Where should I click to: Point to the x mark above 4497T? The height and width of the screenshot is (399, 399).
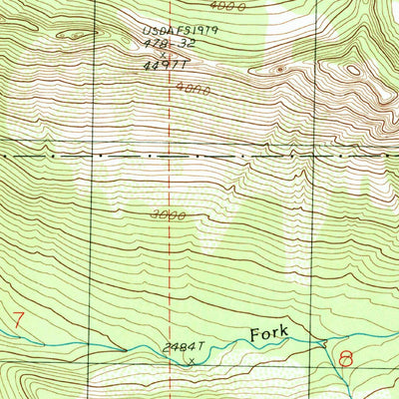162,56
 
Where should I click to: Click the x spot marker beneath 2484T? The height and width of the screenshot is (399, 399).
191,361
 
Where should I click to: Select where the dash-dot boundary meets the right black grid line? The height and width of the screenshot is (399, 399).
314,157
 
